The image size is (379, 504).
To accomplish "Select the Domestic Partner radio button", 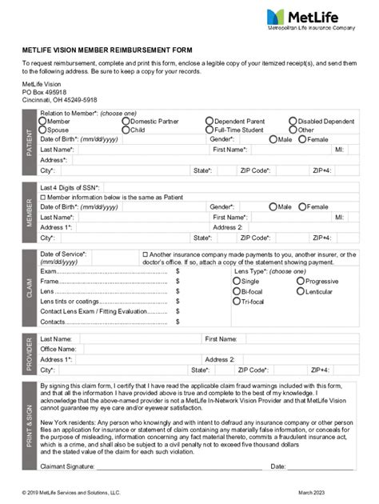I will click(126, 121).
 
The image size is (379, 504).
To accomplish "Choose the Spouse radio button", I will click(43, 129).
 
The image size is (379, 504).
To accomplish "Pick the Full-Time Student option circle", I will click(209, 129).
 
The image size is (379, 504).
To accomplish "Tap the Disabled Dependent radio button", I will click(293, 121).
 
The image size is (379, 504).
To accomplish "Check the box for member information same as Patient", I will click(43, 197).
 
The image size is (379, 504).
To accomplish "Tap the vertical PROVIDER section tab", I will click(30, 354).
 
